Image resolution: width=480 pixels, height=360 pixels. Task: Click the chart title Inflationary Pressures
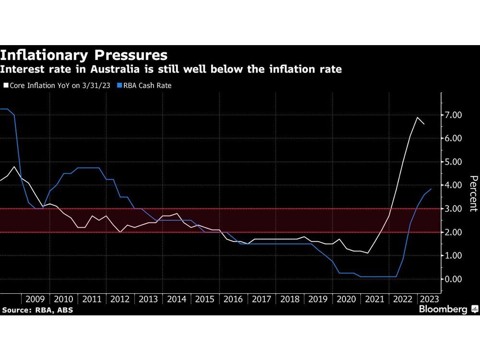pos(84,54)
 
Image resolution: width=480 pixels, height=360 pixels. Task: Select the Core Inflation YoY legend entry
pos(58,85)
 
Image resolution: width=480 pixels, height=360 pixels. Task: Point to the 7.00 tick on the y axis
pos(453,115)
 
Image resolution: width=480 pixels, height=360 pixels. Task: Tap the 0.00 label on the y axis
pos(453,279)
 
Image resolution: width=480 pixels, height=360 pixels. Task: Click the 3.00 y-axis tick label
pos(453,209)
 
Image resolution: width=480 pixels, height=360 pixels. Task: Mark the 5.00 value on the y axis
pos(453,162)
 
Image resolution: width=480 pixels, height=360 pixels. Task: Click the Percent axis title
pos(473,193)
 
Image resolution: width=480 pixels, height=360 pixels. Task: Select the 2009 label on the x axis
pos(35,299)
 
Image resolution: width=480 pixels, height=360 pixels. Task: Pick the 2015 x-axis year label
pos(205,299)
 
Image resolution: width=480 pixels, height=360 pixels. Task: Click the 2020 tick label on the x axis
pos(346,299)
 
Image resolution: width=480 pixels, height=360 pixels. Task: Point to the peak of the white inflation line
pos(417,118)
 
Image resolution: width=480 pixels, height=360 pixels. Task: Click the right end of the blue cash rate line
pos(431,189)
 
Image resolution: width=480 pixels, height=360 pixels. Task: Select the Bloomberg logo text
pos(443,310)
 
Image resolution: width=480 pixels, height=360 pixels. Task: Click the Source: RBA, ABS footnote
pos(37,310)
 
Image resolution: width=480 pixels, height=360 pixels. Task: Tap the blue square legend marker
pos(119,85)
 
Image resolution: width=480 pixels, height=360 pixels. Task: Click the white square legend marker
pos(6,85)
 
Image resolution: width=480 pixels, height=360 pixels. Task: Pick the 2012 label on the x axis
pos(120,299)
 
